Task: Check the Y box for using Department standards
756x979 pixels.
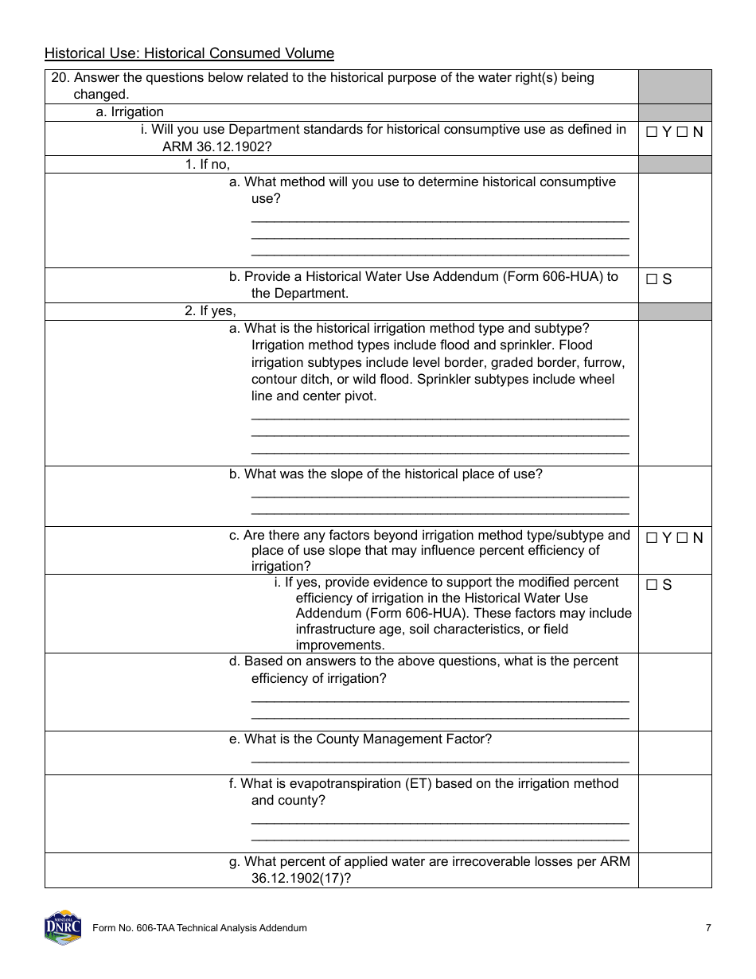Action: point(652,132)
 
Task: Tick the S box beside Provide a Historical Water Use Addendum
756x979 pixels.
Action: point(652,279)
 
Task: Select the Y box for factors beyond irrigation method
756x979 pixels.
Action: point(652,538)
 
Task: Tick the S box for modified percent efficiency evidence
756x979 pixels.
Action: point(652,585)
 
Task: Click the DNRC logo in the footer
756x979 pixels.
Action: point(63,927)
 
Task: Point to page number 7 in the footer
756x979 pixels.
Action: point(708,928)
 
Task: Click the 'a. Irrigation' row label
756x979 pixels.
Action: point(130,112)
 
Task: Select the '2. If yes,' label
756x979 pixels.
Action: point(210,311)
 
